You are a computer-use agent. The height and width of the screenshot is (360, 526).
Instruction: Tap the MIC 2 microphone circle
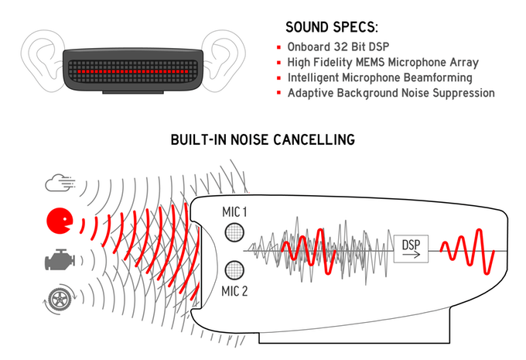click(234, 270)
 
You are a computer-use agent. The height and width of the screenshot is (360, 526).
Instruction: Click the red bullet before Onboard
click(278, 46)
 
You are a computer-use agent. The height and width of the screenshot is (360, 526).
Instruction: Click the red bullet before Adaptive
click(278, 94)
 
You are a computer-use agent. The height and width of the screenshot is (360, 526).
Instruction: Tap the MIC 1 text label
click(234, 211)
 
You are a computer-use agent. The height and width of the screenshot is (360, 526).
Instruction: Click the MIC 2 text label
click(234, 292)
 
